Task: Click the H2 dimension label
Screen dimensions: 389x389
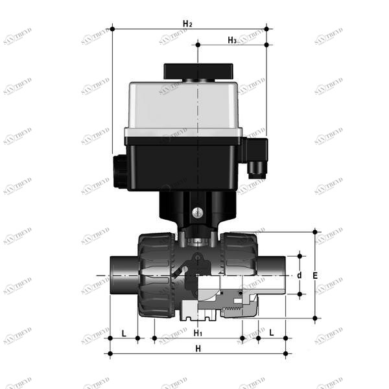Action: (x=187, y=24)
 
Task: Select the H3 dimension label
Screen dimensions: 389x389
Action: (x=231, y=40)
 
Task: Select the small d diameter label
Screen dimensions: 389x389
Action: (x=299, y=275)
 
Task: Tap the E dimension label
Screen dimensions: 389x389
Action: (x=315, y=275)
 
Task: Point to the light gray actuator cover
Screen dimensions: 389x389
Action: (x=185, y=107)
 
